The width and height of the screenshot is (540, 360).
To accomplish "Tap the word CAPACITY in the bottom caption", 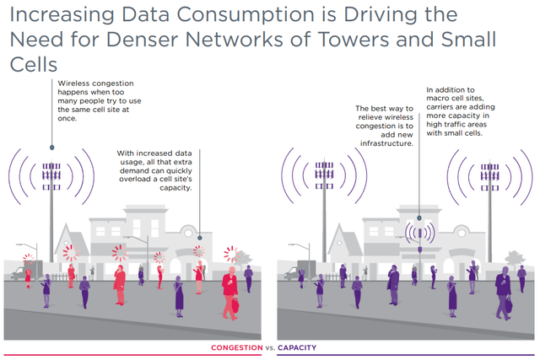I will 300,348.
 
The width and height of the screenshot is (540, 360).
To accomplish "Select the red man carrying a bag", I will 229,291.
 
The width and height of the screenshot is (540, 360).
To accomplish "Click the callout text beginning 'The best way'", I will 385,126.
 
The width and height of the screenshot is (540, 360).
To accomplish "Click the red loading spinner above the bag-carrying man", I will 229,254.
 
